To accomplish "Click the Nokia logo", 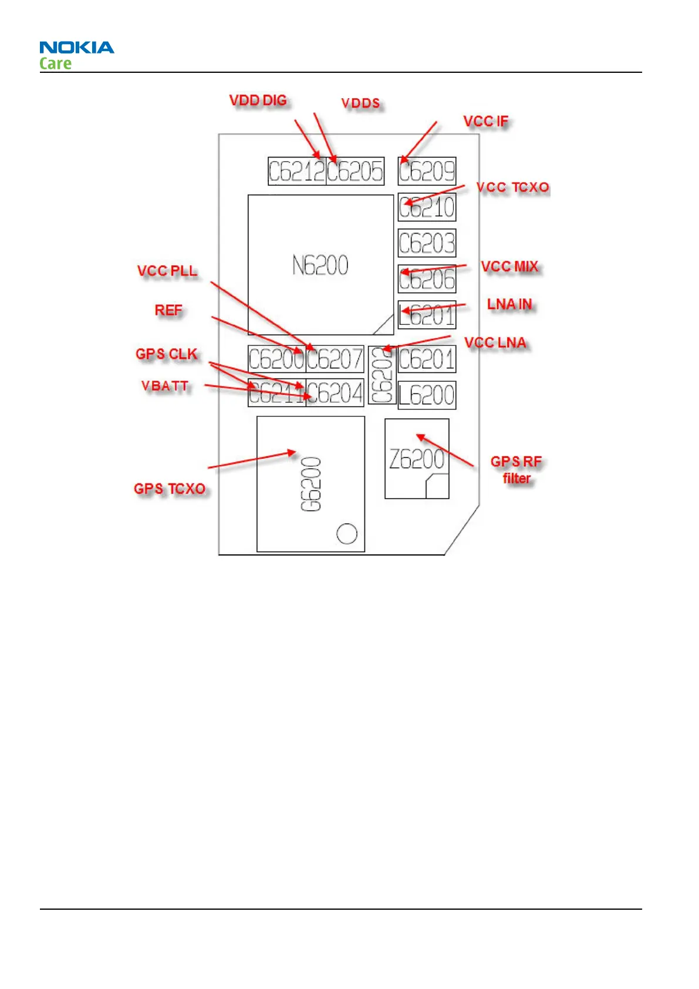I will click(76, 48).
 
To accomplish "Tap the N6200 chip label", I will click(320, 265).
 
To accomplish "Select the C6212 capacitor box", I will click(297, 171).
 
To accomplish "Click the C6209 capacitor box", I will click(427, 171).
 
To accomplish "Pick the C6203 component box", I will click(427, 243).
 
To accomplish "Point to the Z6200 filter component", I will click(417, 459).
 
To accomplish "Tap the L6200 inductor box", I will click(427, 395).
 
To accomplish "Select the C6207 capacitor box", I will click(335, 359).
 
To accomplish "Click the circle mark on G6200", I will click(347, 533).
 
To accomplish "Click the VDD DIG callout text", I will click(258, 100).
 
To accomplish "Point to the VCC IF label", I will click(486, 122).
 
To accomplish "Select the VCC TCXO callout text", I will click(513, 187).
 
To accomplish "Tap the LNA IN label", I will click(509, 304).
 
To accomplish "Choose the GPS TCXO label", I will click(170, 489).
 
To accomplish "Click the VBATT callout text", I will click(165, 386).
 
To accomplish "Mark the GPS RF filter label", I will click(516, 470).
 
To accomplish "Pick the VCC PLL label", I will click(167, 271).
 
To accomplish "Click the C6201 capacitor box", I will click(427, 359).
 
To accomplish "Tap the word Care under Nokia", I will click(55, 63).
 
